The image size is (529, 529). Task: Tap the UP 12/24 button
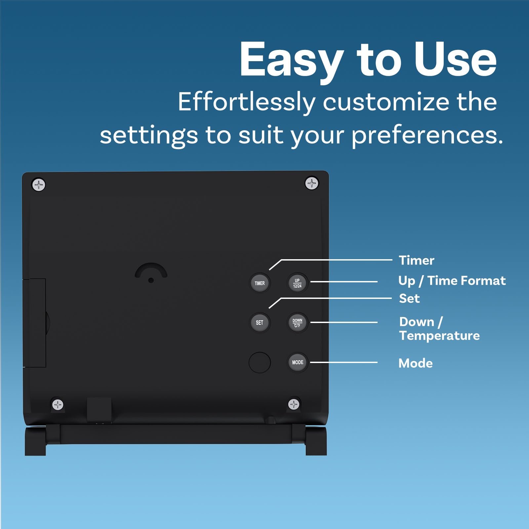[x=297, y=283]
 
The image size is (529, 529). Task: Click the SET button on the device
[x=260, y=322]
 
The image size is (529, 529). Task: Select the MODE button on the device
[x=298, y=362]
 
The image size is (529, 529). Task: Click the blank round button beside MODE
[x=260, y=362]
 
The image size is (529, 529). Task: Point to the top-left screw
[x=39, y=185]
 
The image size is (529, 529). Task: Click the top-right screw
[x=311, y=183]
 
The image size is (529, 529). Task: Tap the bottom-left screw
[x=58, y=404]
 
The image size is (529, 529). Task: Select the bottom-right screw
[x=294, y=404]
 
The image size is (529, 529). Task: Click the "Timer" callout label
[x=416, y=261]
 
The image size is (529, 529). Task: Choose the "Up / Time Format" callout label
[x=452, y=281]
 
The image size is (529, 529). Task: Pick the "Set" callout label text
[x=409, y=299]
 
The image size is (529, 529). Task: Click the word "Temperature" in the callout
[x=439, y=336]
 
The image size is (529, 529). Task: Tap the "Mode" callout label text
[x=416, y=363]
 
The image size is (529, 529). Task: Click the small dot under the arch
[x=151, y=280]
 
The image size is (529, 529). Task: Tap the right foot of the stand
[x=316, y=441]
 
